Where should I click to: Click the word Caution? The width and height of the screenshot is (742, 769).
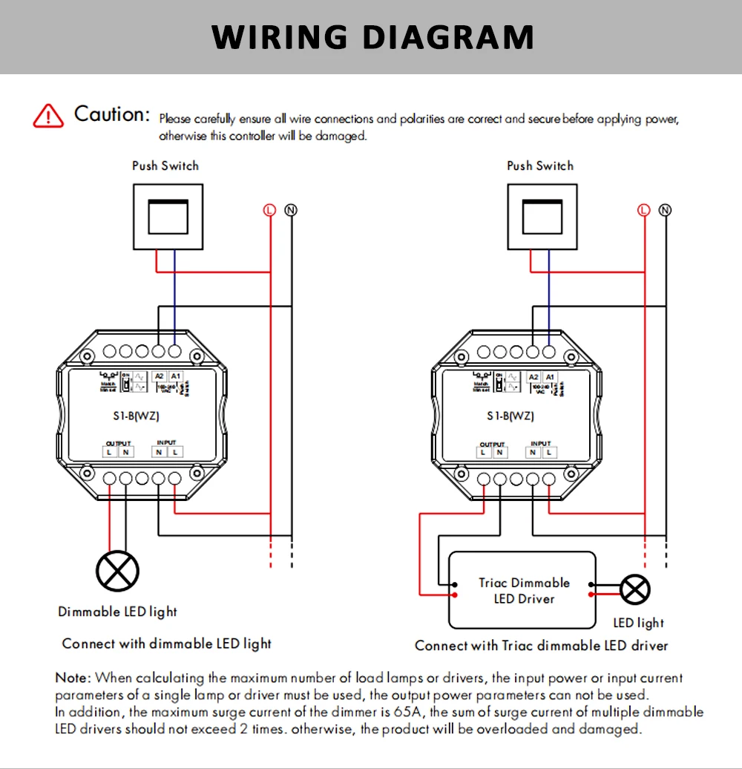(112, 114)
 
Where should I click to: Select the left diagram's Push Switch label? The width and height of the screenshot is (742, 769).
(165, 166)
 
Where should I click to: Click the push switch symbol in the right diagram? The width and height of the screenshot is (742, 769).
(540, 216)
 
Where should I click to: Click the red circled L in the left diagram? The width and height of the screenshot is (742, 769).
(269, 210)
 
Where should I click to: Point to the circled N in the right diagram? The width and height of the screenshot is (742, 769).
(665, 210)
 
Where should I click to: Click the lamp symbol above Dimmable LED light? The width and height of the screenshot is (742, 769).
(118, 572)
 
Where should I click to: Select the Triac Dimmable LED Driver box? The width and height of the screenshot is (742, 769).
(523, 591)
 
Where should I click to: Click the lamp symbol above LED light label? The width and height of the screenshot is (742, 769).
(635, 591)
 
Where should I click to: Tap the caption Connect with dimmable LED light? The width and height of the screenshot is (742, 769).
(167, 644)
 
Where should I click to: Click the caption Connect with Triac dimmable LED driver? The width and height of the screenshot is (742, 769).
(541, 646)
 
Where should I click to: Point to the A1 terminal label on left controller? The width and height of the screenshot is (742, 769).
(176, 376)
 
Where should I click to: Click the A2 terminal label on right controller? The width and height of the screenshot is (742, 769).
(534, 377)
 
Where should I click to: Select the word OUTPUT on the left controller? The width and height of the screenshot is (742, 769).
(118, 442)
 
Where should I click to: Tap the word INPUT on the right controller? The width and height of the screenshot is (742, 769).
(541, 443)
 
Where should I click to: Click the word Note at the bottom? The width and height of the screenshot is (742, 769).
(73, 678)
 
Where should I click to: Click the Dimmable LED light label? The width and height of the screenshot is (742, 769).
(118, 612)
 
